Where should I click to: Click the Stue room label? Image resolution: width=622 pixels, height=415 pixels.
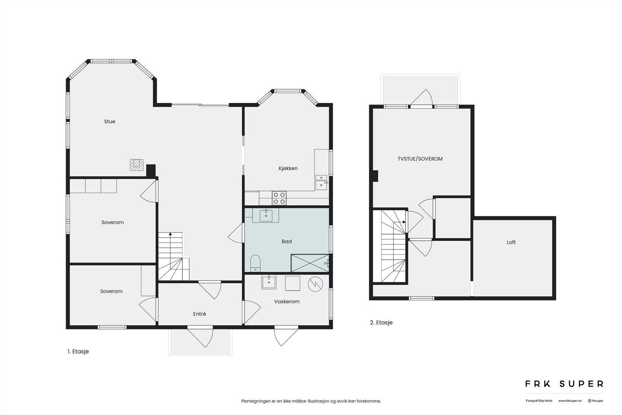pos(110,122)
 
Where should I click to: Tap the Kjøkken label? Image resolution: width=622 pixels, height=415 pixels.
pos(288,168)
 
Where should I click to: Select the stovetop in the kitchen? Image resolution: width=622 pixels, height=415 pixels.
pos(279,198)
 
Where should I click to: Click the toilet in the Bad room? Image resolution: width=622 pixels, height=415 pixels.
pos(255,263)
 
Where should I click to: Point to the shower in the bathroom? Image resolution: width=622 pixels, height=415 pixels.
pos(310,263)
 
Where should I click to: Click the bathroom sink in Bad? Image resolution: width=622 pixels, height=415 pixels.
pos(266,215)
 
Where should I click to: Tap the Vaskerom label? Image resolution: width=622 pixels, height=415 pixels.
pos(287,301)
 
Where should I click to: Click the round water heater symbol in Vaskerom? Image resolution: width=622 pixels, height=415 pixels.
pos(315,284)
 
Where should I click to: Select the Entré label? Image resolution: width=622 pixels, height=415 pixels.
pos(199,314)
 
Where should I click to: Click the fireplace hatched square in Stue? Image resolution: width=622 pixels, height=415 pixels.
pos(136,165)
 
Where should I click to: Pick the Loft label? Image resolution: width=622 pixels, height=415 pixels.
pos(511,242)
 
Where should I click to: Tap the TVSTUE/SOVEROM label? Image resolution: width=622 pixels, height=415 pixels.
pos(420,159)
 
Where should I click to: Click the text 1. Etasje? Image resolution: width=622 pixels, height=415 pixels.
pos(78,352)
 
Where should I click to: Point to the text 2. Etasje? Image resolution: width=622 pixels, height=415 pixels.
pos(381,322)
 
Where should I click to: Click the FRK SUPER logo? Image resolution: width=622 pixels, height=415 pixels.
pos(564,384)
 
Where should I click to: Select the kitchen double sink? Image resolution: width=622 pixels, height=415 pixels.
pos(321,182)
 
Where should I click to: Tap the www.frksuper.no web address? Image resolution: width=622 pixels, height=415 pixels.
pos(570,401)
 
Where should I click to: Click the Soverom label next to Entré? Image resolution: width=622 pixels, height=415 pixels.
pos(111,291)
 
